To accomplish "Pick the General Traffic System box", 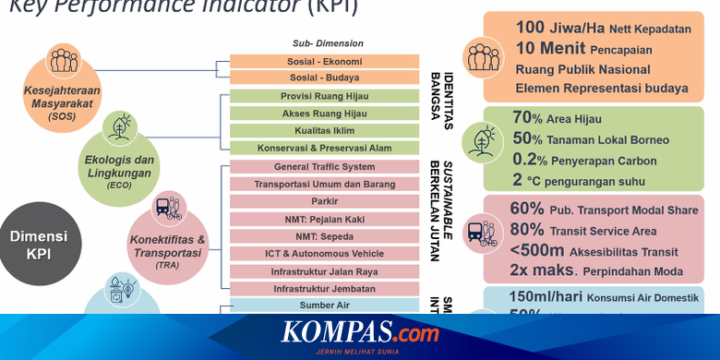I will tap(324, 167).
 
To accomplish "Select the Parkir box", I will tap(324, 202).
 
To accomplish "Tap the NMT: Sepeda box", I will tap(324, 236).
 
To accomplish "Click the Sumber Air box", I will tap(324, 305).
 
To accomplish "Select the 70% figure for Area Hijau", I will tap(526, 117).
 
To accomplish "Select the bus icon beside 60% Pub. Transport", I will tap(481, 234).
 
